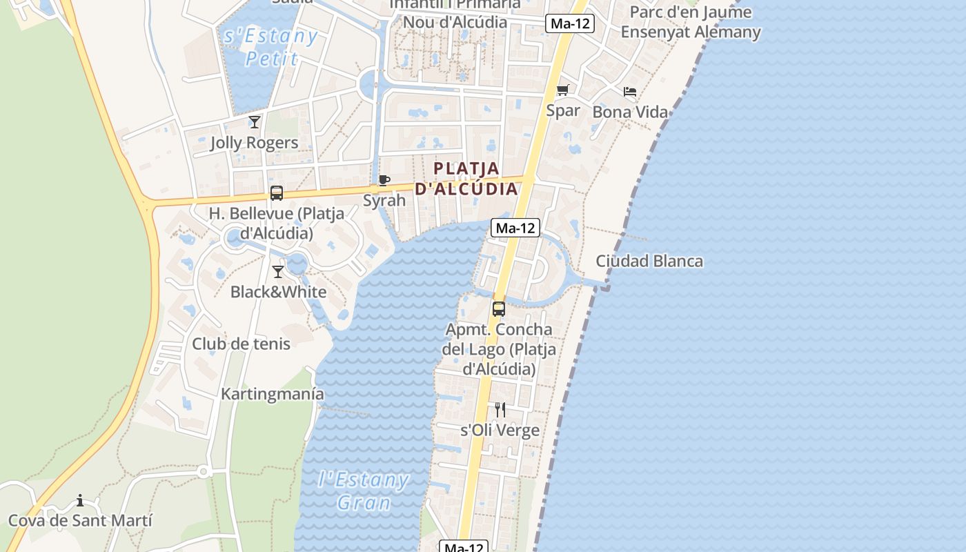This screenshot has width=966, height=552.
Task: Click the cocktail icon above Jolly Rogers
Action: click(x=255, y=122)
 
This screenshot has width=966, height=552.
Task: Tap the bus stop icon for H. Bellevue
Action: click(x=277, y=193)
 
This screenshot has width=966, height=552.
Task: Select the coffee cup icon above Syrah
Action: click(x=384, y=181)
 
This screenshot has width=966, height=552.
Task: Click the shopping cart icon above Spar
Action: click(x=562, y=90)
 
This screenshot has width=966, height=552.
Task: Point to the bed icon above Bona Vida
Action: click(x=630, y=92)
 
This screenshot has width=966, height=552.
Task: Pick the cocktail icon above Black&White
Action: click(x=278, y=272)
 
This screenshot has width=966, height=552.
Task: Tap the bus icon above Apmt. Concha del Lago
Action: click(x=499, y=309)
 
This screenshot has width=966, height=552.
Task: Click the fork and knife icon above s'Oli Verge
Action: click(x=500, y=410)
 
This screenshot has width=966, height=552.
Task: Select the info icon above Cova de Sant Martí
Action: click(x=80, y=500)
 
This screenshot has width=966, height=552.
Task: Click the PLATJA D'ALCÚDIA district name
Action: click(x=467, y=178)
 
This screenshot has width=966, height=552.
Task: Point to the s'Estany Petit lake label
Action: click(x=271, y=46)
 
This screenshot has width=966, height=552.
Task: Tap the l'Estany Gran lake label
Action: click(x=364, y=491)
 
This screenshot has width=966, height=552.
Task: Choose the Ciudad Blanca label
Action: click(x=649, y=261)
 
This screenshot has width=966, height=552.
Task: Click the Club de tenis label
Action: click(x=241, y=344)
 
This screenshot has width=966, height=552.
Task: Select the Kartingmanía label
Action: click(x=273, y=394)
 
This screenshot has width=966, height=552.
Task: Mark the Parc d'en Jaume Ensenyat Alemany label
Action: click(x=691, y=22)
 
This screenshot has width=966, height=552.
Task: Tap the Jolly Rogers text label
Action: click(x=254, y=143)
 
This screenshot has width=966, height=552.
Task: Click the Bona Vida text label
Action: click(x=630, y=112)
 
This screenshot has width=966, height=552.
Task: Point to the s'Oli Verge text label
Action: click(x=500, y=430)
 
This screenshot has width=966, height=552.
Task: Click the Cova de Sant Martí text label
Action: click(x=80, y=520)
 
